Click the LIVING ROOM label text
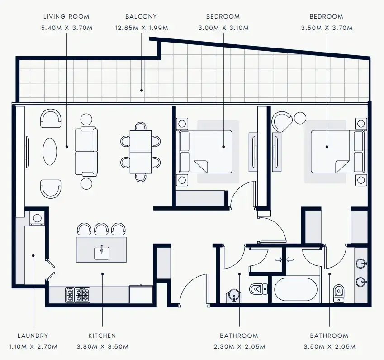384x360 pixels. coord(66,17)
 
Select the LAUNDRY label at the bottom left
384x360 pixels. coord(33,336)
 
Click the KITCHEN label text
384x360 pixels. coord(102,336)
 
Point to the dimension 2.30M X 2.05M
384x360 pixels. coord(239,347)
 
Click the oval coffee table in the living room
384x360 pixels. coord(50,152)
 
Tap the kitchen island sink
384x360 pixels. coord(102,252)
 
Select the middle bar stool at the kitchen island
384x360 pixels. coord(101,229)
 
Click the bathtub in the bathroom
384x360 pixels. coord(296,289)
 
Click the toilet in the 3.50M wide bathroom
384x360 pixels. coord(339,293)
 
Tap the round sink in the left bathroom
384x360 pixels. coord(233,296)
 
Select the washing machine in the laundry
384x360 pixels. coord(37,218)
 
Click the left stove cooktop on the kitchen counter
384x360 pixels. coord(70,295)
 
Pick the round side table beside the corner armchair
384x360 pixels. coord(300,118)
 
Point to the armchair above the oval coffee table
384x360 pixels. coord(51,119)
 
